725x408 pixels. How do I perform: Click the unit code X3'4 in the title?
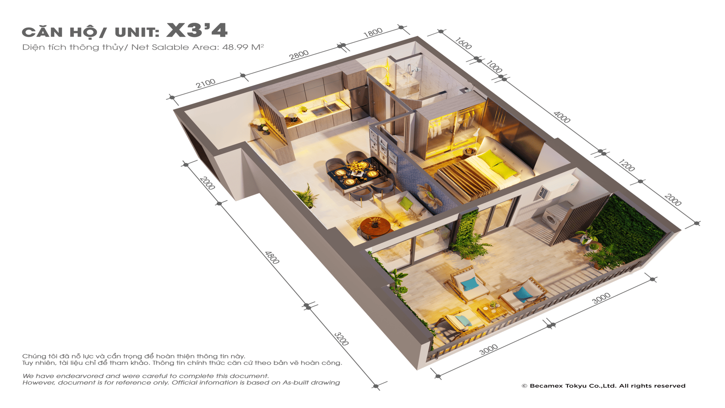click(197, 30)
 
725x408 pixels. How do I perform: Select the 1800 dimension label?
click(373, 33)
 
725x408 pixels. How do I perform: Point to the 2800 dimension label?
click(299, 55)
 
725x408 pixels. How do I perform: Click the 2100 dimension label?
click(206, 83)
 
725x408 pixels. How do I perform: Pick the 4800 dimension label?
click(272, 258)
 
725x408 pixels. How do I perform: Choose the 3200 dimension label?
click(341, 339)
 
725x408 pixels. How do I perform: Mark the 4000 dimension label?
click(562, 117)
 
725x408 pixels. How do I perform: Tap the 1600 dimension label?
click(463, 43)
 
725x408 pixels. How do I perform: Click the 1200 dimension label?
click(627, 165)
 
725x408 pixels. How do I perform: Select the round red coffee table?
click(375, 227)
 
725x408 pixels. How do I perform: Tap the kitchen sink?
click(325, 110)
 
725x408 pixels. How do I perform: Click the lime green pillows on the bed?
click(498, 164)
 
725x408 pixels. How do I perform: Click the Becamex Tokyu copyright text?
click(603, 386)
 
